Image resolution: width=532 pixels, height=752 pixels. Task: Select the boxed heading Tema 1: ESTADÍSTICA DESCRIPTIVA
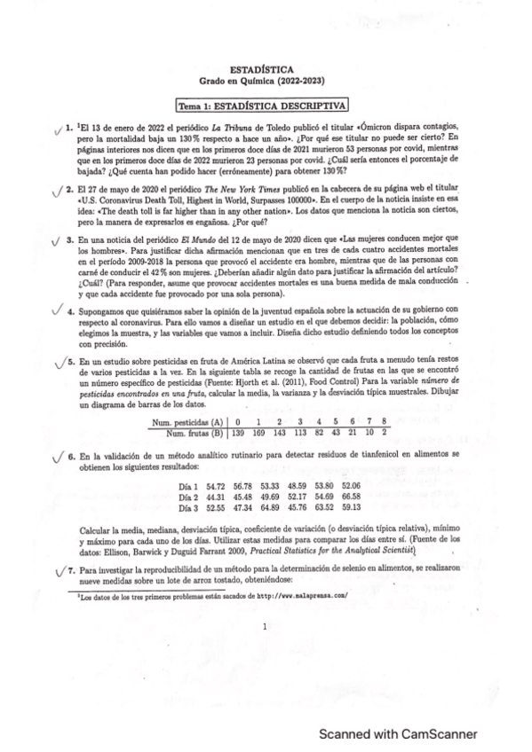262,106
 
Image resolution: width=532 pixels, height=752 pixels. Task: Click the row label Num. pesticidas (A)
187,421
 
